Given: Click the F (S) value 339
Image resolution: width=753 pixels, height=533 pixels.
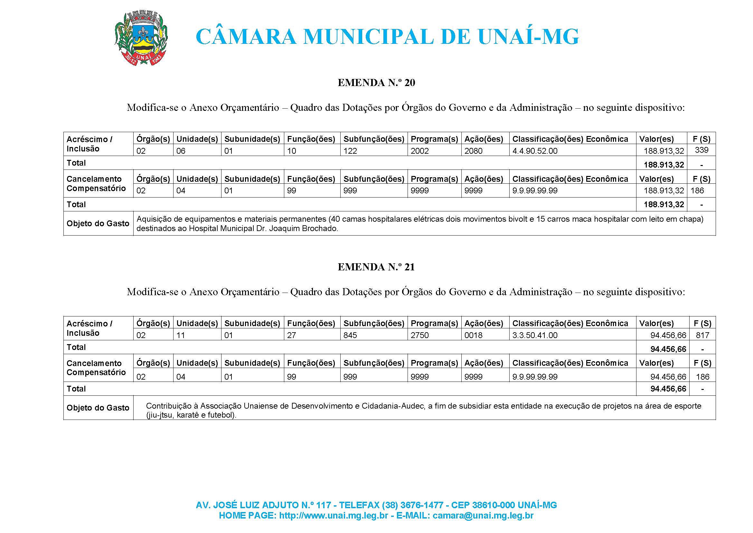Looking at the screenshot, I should click(701, 150).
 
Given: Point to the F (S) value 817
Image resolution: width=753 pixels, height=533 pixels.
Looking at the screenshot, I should click(702, 335).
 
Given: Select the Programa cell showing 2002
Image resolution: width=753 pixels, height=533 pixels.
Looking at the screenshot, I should click(419, 151).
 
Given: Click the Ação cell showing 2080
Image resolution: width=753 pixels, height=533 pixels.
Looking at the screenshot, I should click(473, 151).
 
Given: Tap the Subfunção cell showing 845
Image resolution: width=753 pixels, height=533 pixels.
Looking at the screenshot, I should click(350, 335).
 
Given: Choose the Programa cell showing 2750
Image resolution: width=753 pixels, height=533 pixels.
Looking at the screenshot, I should click(419, 335).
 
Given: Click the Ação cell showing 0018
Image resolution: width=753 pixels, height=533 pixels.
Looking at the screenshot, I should click(473, 335).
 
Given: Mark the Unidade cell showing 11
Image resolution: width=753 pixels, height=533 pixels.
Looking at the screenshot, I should click(181, 335).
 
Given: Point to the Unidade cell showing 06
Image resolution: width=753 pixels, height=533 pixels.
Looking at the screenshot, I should click(181, 151).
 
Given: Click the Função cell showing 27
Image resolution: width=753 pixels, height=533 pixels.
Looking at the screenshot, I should click(291, 335).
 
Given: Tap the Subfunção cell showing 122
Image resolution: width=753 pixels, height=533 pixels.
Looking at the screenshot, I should click(350, 151).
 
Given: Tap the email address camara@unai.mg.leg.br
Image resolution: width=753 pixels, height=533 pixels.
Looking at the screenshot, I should click(483, 516).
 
